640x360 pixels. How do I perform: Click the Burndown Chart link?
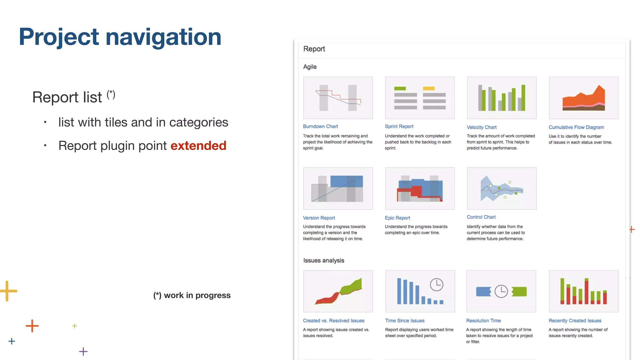click(x=320, y=126)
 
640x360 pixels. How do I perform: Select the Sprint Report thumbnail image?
click(x=420, y=98)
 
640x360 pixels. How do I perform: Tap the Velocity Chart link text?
click(x=481, y=127)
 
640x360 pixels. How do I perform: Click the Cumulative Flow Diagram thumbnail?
click(x=583, y=98)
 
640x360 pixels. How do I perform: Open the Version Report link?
click(x=319, y=218)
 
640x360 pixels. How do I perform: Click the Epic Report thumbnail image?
click(x=420, y=188)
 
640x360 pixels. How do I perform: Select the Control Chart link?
click(x=481, y=217)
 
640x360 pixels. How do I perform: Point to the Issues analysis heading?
click(x=323, y=260)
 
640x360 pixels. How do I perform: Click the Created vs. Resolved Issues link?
click(x=333, y=321)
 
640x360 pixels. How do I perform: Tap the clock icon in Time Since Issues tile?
click(x=436, y=285)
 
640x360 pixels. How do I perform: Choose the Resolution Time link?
click(x=483, y=321)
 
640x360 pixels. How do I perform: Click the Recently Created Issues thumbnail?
click(x=583, y=291)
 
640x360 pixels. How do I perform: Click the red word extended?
click(x=198, y=146)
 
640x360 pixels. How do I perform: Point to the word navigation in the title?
click(x=163, y=37)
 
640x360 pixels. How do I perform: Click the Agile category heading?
click(x=310, y=67)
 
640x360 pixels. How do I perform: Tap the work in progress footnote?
click(x=192, y=295)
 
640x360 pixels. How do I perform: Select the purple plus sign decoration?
click(x=83, y=352)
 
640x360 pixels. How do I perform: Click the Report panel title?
click(x=314, y=49)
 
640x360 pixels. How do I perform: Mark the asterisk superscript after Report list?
click(x=111, y=94)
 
